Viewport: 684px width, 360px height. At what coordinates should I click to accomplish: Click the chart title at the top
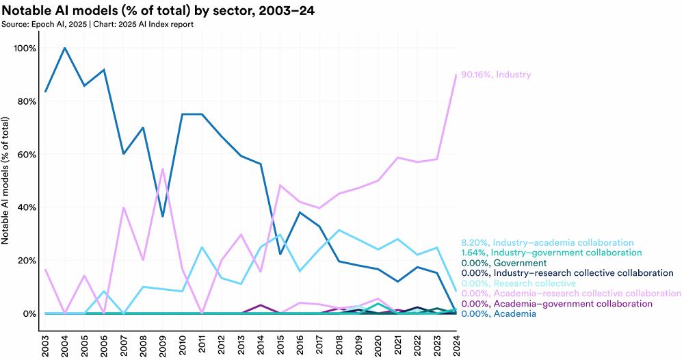(158, 10)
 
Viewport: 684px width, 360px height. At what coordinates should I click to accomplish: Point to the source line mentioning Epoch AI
(97, 25)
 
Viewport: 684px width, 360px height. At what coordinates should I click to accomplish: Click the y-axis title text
(5, 181)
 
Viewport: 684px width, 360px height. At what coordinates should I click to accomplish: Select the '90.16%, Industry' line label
(496, 75)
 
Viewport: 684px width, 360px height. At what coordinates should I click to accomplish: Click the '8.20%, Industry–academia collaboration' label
(547, 242)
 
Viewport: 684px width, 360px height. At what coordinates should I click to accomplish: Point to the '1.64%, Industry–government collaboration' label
(551, 253)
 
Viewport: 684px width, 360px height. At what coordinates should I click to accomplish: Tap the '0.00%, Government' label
(504, 263)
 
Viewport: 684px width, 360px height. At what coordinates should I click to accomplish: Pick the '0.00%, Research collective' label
(518, 283)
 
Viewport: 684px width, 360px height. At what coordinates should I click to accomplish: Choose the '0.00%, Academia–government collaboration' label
(557, 304)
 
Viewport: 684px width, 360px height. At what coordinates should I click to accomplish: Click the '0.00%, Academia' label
(499, 313)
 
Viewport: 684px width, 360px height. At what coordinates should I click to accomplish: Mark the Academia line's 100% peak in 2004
(65, 48)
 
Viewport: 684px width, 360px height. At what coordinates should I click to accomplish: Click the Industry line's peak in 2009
(163, 169)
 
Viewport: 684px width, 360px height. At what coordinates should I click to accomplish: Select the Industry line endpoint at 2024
(456, 74)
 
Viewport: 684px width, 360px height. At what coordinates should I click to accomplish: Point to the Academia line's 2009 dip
(163, 216)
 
